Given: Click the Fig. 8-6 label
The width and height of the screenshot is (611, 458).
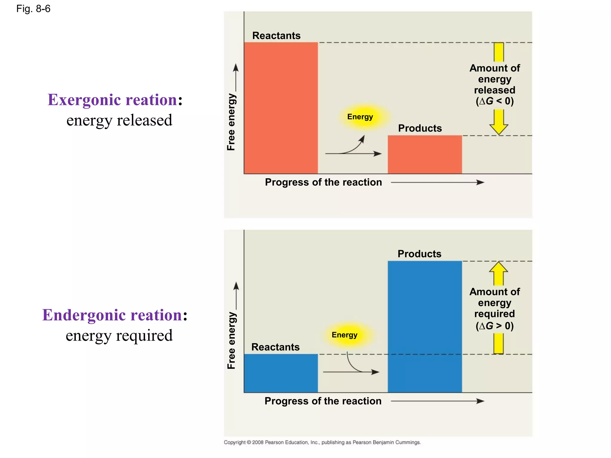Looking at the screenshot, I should click(x=33, y=9).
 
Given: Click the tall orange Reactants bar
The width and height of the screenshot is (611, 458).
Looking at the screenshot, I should click(x=281, y=108).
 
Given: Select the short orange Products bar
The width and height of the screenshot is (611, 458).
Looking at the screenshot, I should click(x=425, y=154).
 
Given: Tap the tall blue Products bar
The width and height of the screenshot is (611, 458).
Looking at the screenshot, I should click(x=425, y=326).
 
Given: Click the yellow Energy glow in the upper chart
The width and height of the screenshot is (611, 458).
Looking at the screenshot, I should click(x=360, y=117).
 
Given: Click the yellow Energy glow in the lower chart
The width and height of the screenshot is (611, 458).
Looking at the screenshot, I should click(x=345, y=335).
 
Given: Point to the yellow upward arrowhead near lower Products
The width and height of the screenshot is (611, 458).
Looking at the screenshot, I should click(x=499, y=267).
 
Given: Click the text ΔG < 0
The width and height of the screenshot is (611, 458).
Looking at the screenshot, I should click(x=495, y=101).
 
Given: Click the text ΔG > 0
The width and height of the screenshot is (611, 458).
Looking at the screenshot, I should click(x=495, y=326).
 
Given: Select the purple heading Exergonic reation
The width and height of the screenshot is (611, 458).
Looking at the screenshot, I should click(x=112, y=100).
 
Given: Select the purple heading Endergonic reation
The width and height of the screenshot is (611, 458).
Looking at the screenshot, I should click(x=112, y=315).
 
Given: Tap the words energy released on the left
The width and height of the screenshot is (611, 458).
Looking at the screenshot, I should click(x=119, y=120).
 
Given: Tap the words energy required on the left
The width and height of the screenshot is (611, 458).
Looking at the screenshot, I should click(x=119, y=336).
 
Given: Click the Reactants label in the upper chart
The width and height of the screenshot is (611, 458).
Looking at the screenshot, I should click(x=276, y=35).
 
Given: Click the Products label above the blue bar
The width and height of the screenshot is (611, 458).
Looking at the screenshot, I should click(x=419, y=254).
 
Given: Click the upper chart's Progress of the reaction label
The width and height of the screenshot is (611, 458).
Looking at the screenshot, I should click(x=323, y=182).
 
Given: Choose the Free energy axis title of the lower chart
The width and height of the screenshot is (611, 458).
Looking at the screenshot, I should click(x=231, y=340).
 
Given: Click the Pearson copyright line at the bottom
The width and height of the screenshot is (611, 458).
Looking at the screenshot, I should click(x=322, y=442).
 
